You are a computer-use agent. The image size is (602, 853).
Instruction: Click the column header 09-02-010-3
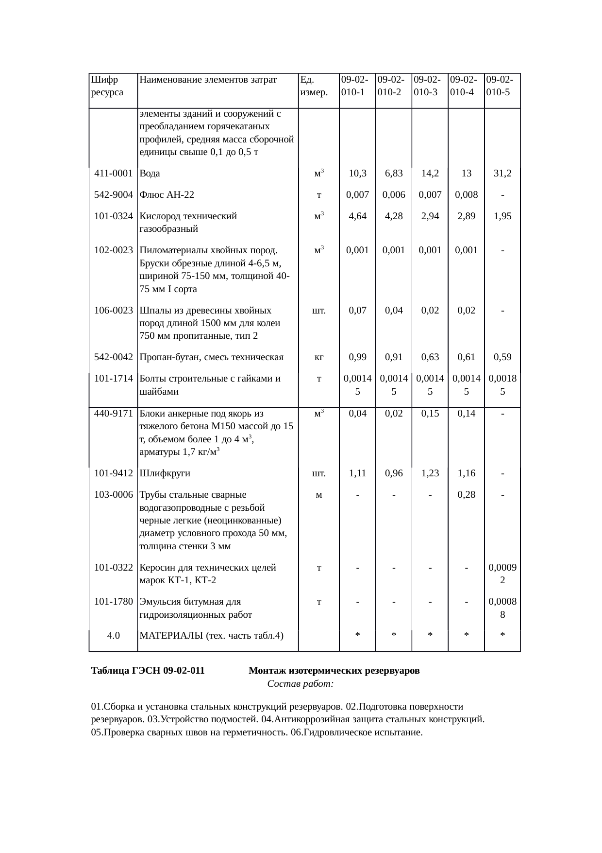pyautogui.click(x=430, y=86)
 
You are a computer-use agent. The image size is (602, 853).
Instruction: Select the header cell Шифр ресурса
pyautogui.click(x=106, y=86)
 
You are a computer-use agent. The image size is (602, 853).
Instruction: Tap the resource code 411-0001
pyautogui.click(x=113, y=174)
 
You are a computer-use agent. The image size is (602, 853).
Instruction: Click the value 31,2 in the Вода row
pyautogui.click(x=502, y=174)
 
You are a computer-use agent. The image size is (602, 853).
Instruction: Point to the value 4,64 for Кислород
pyautogui.click(x=357, y=216)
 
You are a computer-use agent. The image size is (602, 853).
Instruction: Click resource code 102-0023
pyautogui.click(x=113, y=250)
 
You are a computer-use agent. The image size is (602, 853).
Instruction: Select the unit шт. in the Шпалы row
pyautogui.click(x=318, y=311)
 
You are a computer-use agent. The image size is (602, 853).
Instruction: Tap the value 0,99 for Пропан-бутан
pyautogui.click(x=357, y=357)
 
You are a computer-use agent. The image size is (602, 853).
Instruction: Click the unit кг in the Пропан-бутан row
pyautogui.click(x=318, y=357)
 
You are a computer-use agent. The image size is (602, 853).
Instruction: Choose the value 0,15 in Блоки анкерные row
pyautogui.click(x=430, y=414)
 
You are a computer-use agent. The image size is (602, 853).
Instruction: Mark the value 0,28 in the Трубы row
pyautogui.click(x=466, y=495)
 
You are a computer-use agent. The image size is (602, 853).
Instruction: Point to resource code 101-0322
pyautogui.click(x=113, y=568)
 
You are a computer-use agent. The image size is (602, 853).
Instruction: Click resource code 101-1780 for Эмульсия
pyautogui.click(x=113, y=602)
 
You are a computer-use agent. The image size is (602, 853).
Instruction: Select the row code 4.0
pyautogui.click(x=113, y=635)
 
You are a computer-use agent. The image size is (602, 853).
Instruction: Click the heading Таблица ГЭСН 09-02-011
pyautogui.click(x=148, y=671)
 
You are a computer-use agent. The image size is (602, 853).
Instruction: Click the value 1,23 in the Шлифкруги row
pyautogui.click(x=430, y=473)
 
